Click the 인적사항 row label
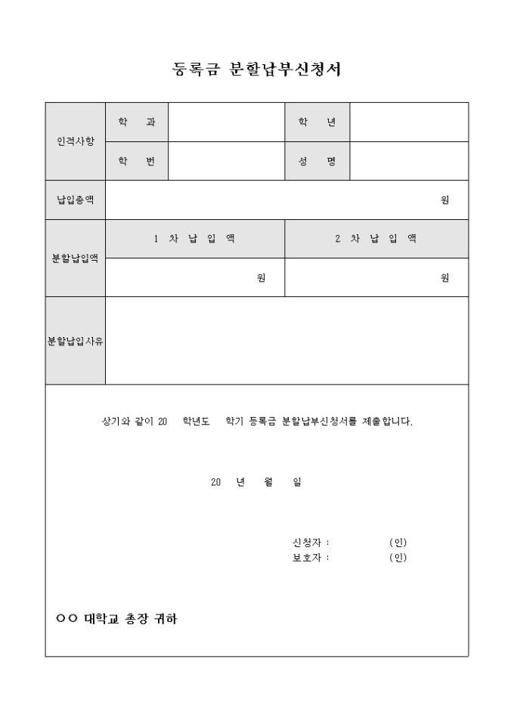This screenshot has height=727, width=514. (76, 141)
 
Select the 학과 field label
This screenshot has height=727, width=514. (137, 122)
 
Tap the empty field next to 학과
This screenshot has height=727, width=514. (226, 122)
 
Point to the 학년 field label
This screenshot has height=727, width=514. (317, 122)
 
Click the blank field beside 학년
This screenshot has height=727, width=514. (409, 122)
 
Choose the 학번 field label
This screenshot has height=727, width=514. (137, 161)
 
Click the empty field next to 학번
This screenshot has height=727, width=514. (226, 161)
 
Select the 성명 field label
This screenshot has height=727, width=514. (317, 161)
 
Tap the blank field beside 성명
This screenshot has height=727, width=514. (409, 161)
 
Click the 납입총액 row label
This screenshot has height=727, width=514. (76, 200)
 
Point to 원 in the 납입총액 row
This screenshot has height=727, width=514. (445, 200)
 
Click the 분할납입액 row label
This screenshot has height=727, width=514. (76, 258)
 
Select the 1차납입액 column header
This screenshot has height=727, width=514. (194, 239)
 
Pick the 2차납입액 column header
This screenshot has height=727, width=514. (376, 239)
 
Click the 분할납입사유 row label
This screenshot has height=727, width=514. (76, 341)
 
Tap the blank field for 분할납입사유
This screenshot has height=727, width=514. (286, 341)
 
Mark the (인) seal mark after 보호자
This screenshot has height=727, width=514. (398, 558)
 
